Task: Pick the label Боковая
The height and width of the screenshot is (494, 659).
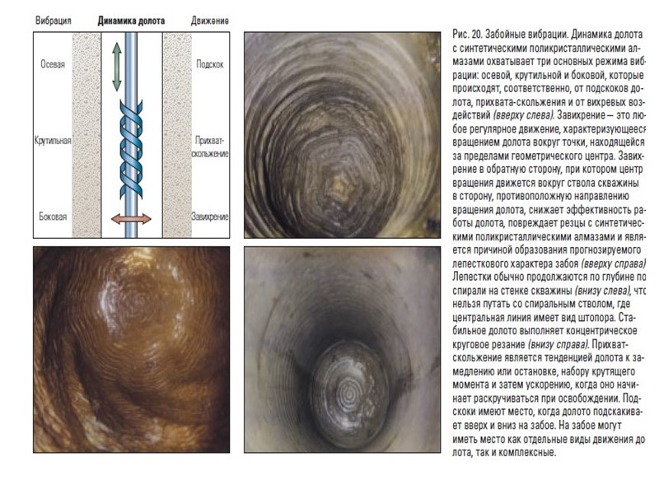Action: [53, 217]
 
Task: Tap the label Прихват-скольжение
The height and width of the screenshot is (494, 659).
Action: [211, 147]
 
